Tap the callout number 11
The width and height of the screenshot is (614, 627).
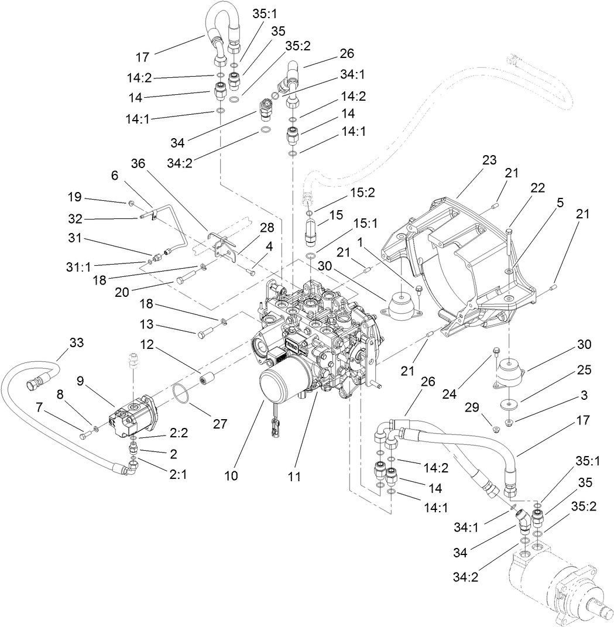294,477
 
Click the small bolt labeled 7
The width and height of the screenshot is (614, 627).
85,433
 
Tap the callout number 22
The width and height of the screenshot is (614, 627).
537,188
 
